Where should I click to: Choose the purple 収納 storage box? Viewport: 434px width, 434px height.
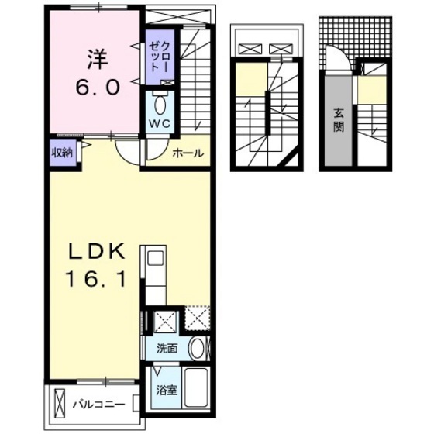click(x=63, y=153)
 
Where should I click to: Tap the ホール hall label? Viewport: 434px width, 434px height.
click(x=188, y=153)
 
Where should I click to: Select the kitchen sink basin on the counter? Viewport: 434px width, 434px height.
click(x=153, y=259)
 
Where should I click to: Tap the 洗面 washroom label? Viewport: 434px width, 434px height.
click(x=167, y=349)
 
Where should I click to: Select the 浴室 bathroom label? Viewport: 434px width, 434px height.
click(x=167, y=390)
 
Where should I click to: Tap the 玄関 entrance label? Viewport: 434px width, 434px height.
click(x=339, y=120)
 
